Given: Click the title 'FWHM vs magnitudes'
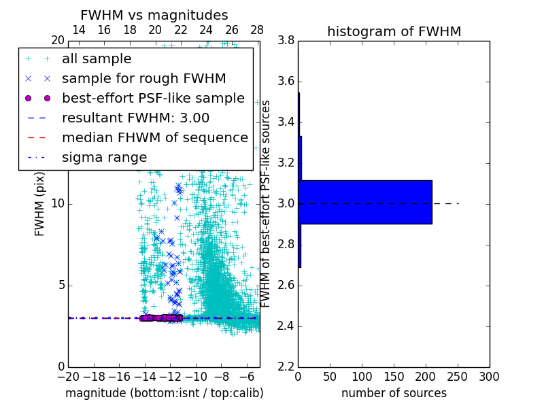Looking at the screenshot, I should click(x=154, y=15).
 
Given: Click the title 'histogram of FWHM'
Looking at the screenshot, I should click(x=394, y=31).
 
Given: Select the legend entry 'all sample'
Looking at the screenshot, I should click(x=97, y=59).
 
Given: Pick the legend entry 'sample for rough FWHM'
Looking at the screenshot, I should click(x=143, y=78).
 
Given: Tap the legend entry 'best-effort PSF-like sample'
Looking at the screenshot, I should click(x=153, y=98).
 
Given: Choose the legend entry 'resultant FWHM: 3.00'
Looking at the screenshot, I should click(x=135, y=118).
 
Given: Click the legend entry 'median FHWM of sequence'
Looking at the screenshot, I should click(x=154, y=137).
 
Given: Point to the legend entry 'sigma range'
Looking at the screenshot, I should click(x=104, y=157).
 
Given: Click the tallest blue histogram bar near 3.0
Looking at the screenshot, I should click(x=365, y=202).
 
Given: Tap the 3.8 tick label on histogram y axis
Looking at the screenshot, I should click(x=286, y=41).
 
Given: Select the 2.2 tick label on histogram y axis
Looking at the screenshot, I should click(x=286, y=367).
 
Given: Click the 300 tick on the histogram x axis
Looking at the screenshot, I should click(x=489, y=377).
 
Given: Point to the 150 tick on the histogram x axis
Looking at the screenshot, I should click(x=394, y=377).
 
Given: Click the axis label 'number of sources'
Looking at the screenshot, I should click(x=394, y=393).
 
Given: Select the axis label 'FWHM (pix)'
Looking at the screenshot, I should click(x=40, y=205).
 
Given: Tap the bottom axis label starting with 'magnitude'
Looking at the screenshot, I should click(x=164, y=393).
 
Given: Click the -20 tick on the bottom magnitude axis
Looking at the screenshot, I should click(x=68, y=377).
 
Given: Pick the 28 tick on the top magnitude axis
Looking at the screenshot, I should click(x=257, y=30).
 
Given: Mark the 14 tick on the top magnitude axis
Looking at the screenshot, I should click(x=78, y=30).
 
